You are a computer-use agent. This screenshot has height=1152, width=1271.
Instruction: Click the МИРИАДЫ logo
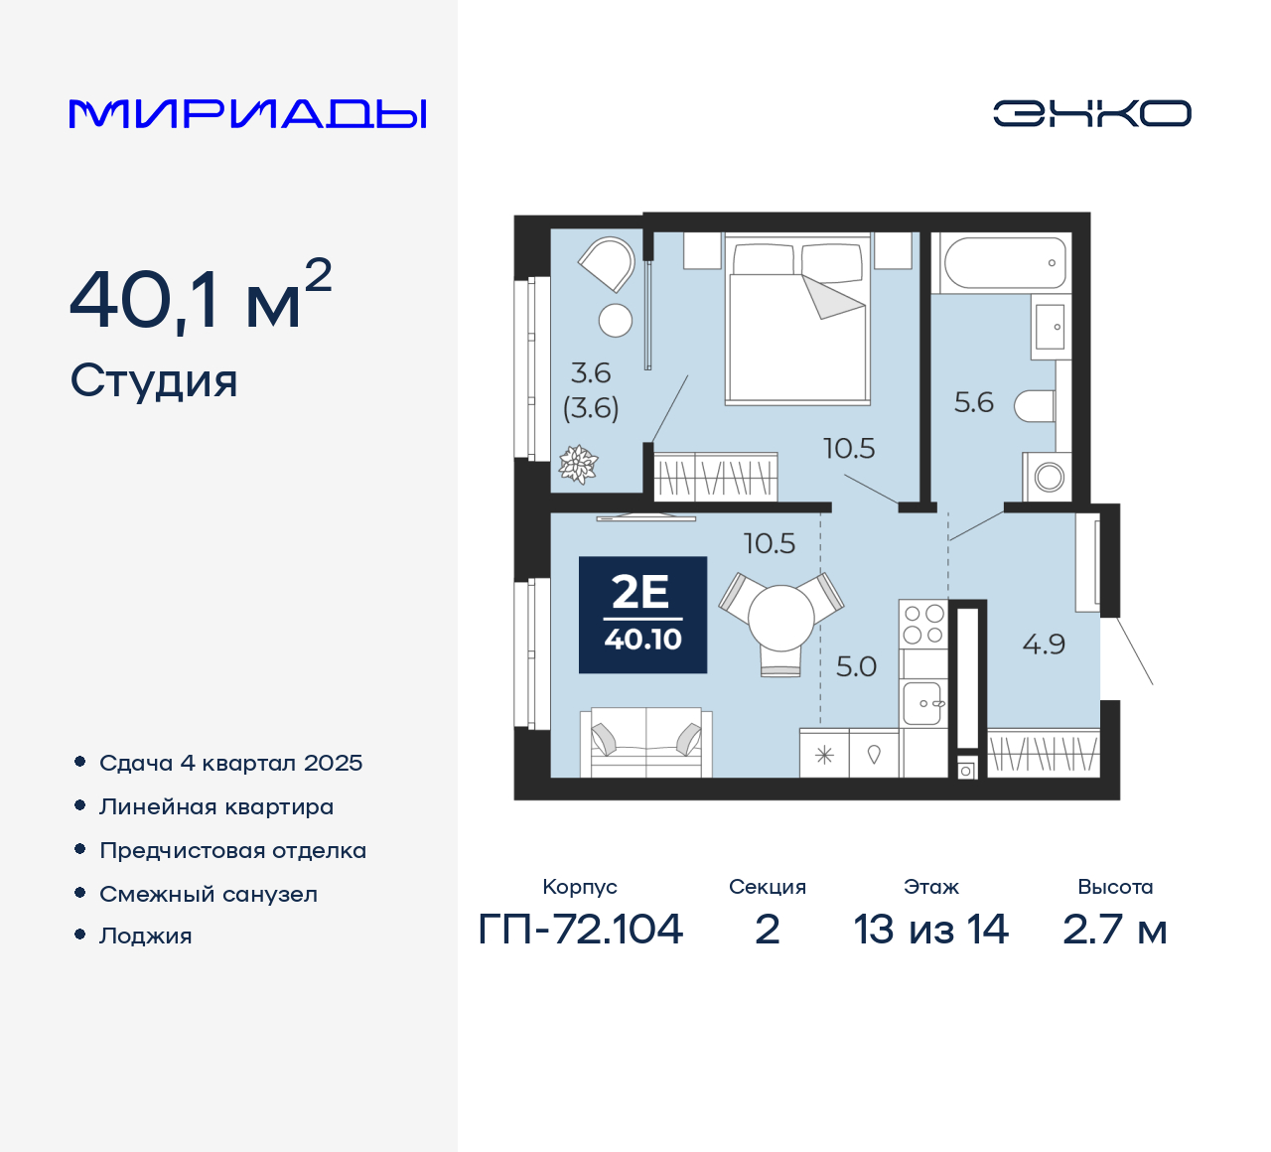(x=247, y=114)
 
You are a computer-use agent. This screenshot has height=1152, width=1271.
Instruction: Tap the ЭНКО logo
(x=1091, y=113)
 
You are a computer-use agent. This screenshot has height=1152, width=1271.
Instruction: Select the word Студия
(x=154, y=381)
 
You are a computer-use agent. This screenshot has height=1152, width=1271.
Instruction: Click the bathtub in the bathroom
(x=1005, y=262)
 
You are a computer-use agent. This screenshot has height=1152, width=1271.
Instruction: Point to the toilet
(x=1034, y=405)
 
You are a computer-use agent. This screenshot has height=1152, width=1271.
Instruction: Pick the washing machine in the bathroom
(x=1047, y=477)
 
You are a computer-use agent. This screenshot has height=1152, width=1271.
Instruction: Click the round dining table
(x=780, y=618)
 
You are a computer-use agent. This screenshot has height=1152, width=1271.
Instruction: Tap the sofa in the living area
(x=646, y=742)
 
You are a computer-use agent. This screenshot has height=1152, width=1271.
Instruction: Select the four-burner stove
(x=923, y=624)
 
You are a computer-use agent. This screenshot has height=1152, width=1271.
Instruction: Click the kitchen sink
(x=922, y=703)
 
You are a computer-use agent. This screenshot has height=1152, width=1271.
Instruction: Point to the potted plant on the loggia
(x=578, y=464)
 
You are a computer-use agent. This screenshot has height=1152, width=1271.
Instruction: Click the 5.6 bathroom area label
(x=974, y=402)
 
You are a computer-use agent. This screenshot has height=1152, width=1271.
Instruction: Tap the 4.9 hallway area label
(x=1044, y=645)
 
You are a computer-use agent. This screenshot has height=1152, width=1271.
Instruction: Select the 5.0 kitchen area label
(x=856, y=666)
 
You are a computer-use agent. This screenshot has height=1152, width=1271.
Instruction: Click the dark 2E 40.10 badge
(x=642, y=615)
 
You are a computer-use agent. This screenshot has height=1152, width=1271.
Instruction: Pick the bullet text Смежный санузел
(x=209, y=894)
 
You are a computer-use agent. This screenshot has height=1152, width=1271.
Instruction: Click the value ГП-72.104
(x=580, y=930)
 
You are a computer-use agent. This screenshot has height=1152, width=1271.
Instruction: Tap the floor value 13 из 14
(x=930, y=930)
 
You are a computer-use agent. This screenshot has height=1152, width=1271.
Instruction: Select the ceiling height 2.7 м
(x=1114, y=930)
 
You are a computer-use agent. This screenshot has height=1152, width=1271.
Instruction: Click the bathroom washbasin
(x=1051, y=327)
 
